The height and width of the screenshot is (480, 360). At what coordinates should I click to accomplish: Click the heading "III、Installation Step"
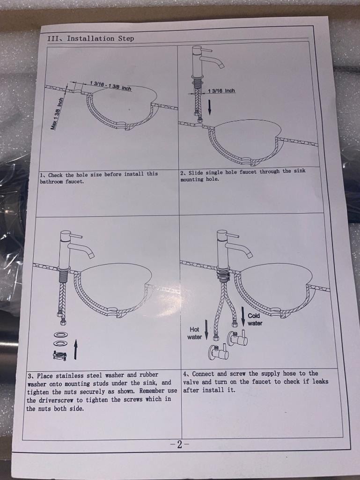click(x=91, y=38)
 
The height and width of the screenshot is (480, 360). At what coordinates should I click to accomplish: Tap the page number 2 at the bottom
click(x=179, y=444)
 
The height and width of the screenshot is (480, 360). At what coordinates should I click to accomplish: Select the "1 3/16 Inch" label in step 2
click(x=221, y=90)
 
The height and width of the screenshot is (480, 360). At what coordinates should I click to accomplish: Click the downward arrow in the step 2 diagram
click(x=210, y=107)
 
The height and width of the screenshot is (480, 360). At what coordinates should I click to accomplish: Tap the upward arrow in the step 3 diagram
click(x=75, y=350)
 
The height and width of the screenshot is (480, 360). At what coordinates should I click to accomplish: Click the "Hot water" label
click(x=194, y=333)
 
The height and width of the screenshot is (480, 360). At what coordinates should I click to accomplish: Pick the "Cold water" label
click(x=254, y=319)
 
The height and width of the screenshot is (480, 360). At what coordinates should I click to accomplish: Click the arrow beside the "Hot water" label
click(x=206, y=330)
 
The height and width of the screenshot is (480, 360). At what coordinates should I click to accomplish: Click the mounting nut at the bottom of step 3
click(x=60, y=355)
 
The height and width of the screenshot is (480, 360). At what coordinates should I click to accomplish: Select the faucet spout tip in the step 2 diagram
click(x=221, y=65)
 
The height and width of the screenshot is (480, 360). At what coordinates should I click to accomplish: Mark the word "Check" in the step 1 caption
click(x=55, y=175)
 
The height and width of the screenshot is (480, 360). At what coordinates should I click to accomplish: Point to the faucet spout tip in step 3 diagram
click(x=91, y=254)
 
